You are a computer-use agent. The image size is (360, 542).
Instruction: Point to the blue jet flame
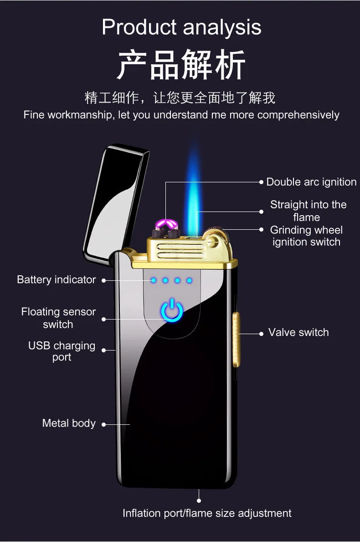(194, 191)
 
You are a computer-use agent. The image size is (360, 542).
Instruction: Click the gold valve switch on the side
(237, 339)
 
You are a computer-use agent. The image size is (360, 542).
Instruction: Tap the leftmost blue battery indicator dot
(154, 280)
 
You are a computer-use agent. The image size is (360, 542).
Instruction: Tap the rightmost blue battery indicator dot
(189, 280)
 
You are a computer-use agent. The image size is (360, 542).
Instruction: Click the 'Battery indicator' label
(57, 279)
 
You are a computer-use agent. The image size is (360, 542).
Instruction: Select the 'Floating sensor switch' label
(58, 318)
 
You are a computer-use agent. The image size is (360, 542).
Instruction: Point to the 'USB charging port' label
(62, 351)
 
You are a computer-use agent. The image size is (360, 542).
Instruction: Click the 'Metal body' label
(69, 423)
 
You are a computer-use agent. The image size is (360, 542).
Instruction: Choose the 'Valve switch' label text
(298, 332)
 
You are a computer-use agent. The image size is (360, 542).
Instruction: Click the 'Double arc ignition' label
(311, 182)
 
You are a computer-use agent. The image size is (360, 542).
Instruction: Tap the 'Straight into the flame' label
(308, 211)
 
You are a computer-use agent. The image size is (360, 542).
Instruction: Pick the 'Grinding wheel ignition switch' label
(306, 236)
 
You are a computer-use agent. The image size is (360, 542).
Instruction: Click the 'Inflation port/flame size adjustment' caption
(207, 513)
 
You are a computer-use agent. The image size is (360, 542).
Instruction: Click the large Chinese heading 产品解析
(181, 65)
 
